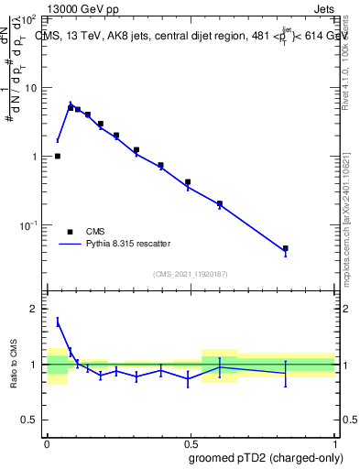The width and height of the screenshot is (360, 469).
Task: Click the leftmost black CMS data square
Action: pyautogui.click(x=58, y=157)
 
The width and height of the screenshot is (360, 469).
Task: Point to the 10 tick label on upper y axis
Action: pyautogui.click(x=31, y=88)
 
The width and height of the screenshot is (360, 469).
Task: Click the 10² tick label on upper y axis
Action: pyautogui.click(x=29, y=18)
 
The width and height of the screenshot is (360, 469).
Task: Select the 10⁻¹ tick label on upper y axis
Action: pyautogui.click(x=28, y=225)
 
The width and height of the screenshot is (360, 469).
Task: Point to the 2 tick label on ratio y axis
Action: pyautogui.click(x=36, y=309)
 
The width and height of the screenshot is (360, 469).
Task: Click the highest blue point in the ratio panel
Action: pyautogui.click(x=58, y=322)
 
